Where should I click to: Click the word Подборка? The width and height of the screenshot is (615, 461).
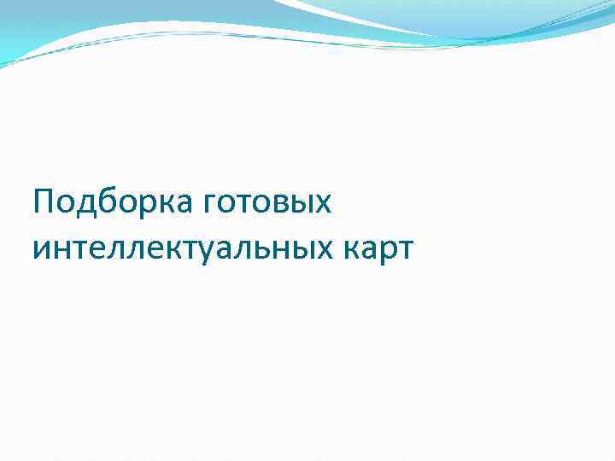(114, 204)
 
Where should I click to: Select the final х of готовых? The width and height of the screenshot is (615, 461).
(320, 206)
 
